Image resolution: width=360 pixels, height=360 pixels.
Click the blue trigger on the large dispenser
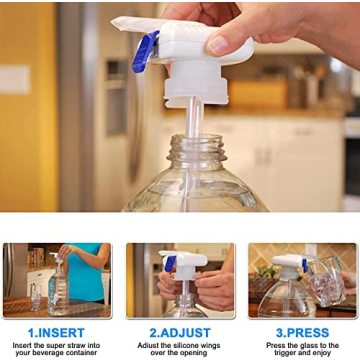click(x=147, y=52)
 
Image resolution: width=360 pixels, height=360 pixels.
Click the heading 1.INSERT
click(x=56, y=332)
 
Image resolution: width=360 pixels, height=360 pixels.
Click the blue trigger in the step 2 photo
click(x=170, y=265)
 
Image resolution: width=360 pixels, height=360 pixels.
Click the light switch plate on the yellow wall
click(x=16, y=80)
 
